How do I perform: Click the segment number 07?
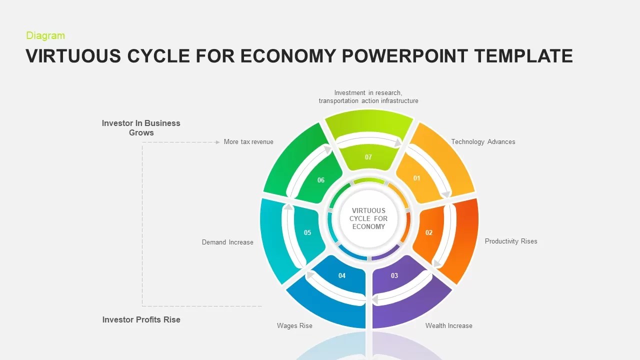(x=368, y=157)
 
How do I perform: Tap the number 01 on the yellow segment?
(x=416, y=178)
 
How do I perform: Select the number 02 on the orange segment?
(x=429, y=232)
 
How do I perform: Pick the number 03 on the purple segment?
(x=394, y=275)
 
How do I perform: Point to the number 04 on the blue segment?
(x=342, y=275)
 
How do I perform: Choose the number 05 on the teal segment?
(x=307, y=232)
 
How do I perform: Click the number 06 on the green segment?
(x=321, y=180)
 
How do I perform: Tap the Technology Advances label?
(x=483, y=142)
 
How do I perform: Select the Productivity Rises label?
(x=511, y=241)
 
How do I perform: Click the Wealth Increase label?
(x=448, y=325)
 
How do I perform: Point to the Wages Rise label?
(x=294, y=325)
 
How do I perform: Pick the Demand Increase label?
(x=227, y=242)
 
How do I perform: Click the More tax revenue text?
(x=248, y=142)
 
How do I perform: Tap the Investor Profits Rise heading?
(x=141, y=319)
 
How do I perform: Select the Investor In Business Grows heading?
(x=141, y=127)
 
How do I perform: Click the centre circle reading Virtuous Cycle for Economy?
(x=368, y=218)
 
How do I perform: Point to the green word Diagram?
(x=45, y=35)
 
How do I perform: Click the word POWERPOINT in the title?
(x=406, y=56)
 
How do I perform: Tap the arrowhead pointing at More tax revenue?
(x=217, y=142)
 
